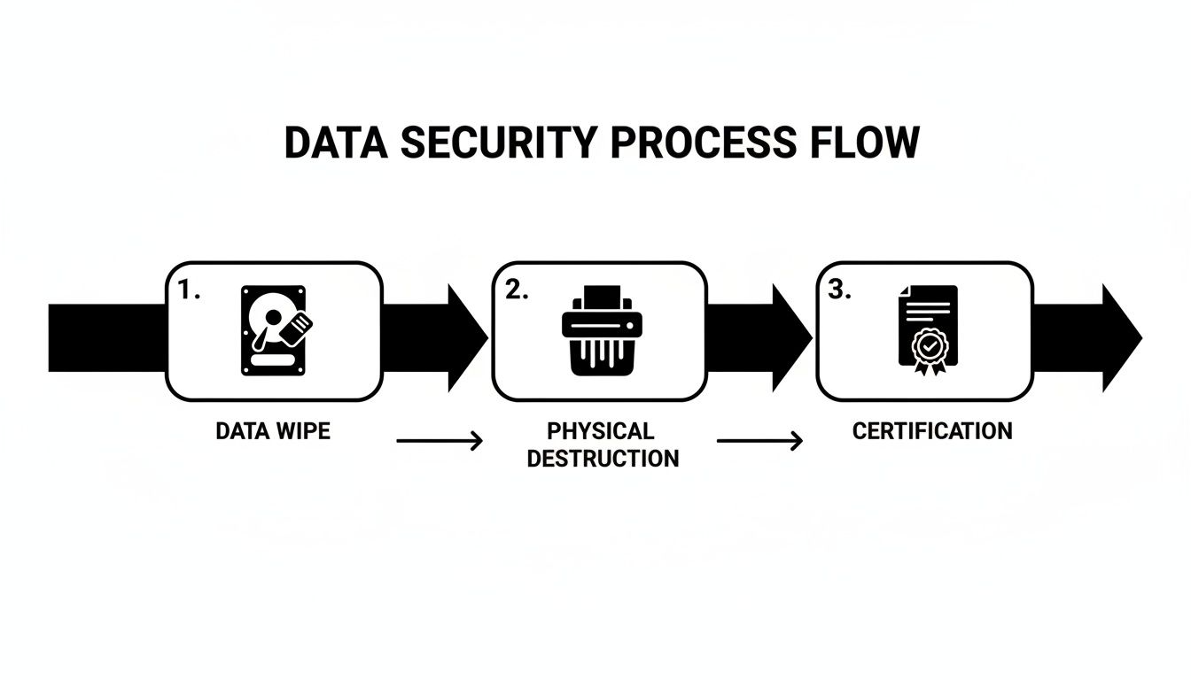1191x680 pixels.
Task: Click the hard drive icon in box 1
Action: point(273,330)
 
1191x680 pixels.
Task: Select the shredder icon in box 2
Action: point(599,330)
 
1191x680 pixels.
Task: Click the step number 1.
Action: point(189,291)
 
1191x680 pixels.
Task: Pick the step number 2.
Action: point(516,291)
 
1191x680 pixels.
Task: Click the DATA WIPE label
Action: point(273,431)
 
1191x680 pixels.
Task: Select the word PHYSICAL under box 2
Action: point(601,431)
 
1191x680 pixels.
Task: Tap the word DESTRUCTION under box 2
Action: point(603,458)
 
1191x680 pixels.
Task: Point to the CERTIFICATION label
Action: point(932,431)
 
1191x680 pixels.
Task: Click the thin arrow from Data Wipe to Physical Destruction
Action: point(440,440)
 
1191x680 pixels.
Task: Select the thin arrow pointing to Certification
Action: point(759,440)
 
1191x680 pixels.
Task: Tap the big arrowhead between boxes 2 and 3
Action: point(791,337)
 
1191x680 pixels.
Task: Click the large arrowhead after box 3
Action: point(1120,337)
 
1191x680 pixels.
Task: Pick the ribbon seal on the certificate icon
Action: point(928,351)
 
